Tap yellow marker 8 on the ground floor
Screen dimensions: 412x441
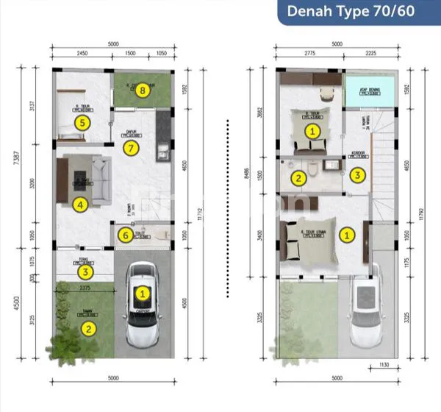click(143, 90)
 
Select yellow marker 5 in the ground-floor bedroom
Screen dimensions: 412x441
click(82, 123)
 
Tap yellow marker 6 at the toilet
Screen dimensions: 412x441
click(126, 235)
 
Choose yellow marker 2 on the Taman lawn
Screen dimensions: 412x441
click(88, 328)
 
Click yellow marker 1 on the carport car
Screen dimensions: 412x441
click(144, 293)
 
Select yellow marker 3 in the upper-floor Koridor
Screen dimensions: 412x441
click(357, 175)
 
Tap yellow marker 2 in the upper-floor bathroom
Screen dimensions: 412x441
click(298, 177)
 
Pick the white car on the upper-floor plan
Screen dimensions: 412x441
click(365, 308)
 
